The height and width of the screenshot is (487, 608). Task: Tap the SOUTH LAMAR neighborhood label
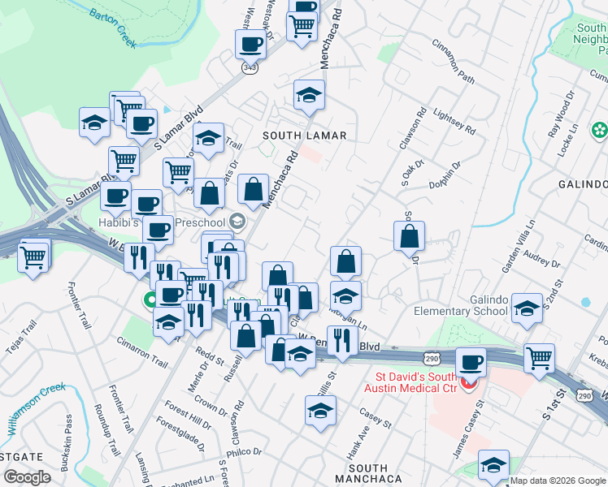click(304, 136)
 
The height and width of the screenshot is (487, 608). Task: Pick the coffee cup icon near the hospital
click(471, 361)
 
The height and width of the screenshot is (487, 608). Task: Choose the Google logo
click(27, 477)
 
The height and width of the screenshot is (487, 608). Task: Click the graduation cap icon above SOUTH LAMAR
click(309, 95)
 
